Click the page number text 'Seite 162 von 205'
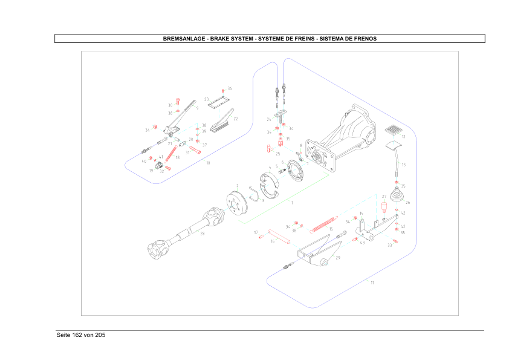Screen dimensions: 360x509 click(x=81, y=335)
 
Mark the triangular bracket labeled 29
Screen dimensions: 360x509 click(x=318, y=251)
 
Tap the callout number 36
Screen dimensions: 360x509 click(x=230, y=88)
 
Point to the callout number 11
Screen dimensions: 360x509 click(x=372, y=283)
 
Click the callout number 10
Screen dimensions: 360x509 click(x=208, y=163)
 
